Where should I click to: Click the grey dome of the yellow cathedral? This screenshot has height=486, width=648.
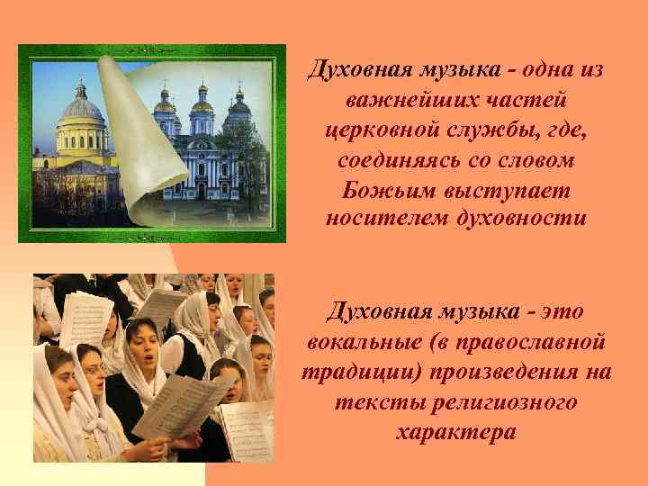point(84,109)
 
